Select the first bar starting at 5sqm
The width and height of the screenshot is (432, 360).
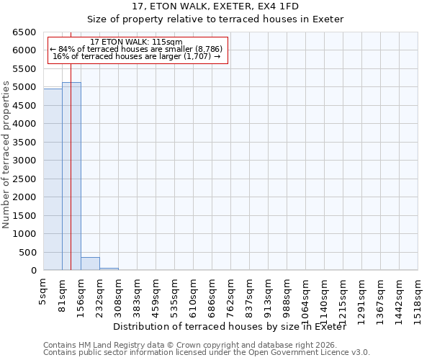[53, 179]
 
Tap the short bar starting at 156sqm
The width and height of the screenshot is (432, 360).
[90, 264]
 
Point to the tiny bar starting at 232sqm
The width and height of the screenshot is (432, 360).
[109, 269]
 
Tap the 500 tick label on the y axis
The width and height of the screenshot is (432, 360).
[27, 253]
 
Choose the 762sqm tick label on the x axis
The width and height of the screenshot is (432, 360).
[231, 294]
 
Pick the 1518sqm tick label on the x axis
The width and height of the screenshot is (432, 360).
[418, 297]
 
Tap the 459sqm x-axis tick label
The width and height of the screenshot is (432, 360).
[156, 294]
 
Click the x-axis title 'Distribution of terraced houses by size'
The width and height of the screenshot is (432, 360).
[230, 327]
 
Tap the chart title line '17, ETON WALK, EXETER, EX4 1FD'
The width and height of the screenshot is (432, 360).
[215, 6]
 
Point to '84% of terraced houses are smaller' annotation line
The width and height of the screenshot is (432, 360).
[136, 49]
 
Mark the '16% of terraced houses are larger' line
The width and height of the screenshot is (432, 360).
[136, 56]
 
